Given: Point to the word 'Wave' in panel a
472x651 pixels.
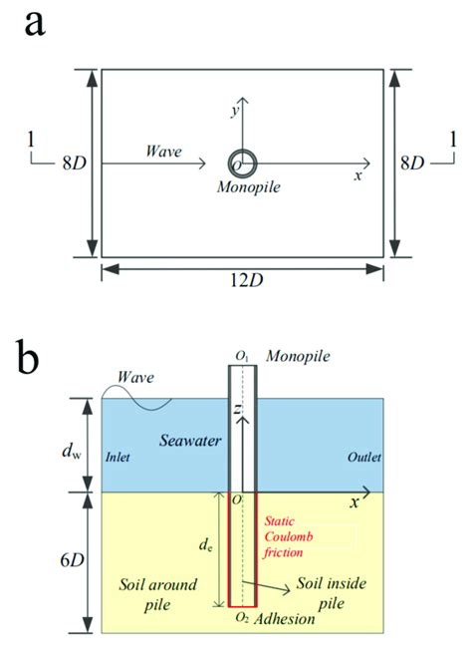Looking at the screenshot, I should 165,151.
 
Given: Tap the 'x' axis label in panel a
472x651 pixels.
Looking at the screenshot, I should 358,175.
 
